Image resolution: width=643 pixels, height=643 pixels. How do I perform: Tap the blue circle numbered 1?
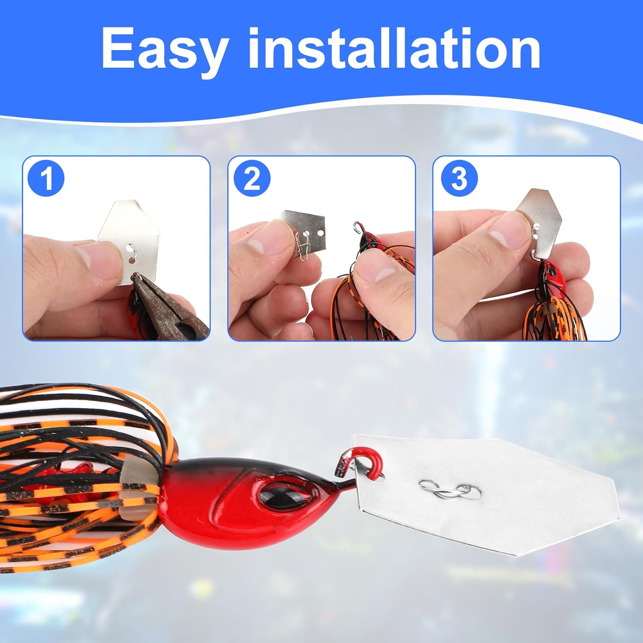(46, 178)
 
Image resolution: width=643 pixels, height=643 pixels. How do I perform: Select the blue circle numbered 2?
(252, 178)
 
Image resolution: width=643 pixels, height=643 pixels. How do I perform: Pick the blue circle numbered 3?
(459, 178)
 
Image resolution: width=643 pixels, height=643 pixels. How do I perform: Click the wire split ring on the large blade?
(446, 491)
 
